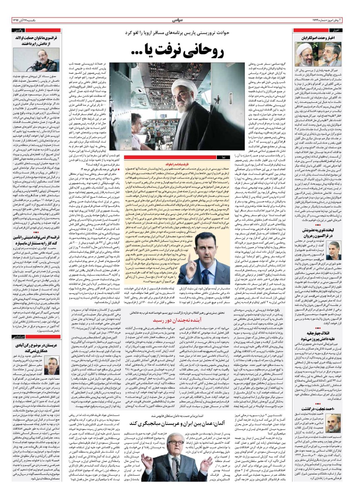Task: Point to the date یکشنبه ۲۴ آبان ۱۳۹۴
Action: coord(27,20)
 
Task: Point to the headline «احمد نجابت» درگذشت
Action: coord(332,431)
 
